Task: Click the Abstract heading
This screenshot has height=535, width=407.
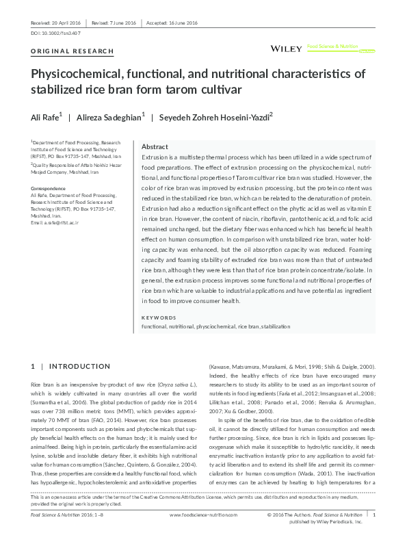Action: (154, 147)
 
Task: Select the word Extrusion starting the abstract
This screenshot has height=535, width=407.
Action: (155, 159)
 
